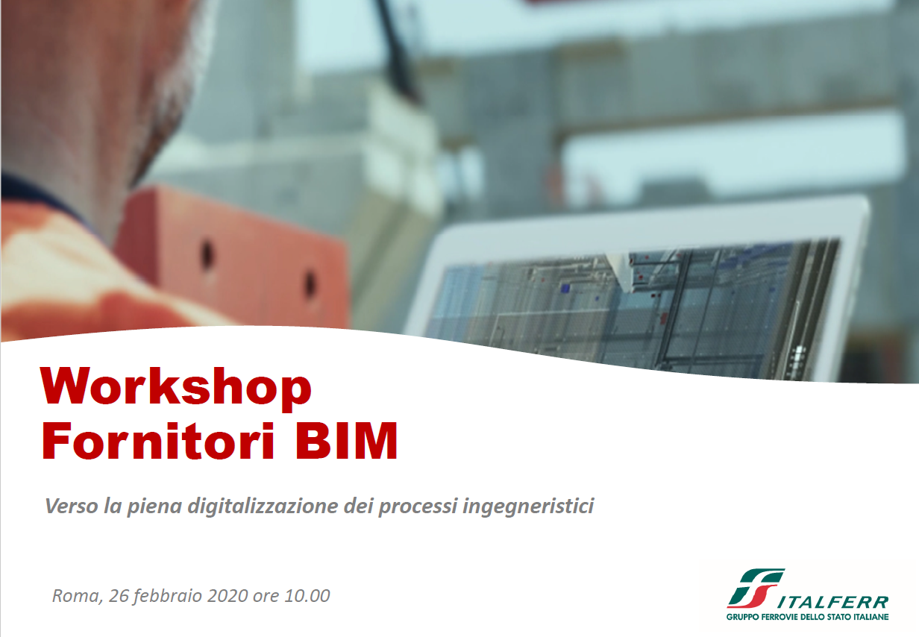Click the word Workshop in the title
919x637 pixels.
tap(176, 387)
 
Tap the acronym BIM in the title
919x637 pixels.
tap(346, 441)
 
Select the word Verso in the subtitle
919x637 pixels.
tap(72, 506)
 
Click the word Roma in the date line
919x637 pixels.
tap(77, 596)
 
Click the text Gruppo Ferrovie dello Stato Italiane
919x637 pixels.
tap(807, 617)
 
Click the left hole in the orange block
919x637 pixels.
tap(207, 254)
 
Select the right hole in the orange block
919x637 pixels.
tap(310, 283)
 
